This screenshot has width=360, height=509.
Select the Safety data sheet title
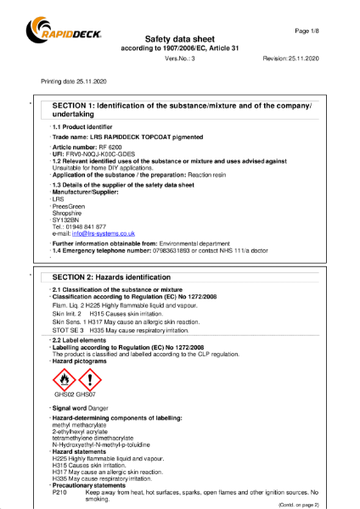(x=179, y=39)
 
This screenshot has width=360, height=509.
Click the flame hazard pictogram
(x=65, y=379)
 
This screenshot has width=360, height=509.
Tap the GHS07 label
(x=89, y=395)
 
